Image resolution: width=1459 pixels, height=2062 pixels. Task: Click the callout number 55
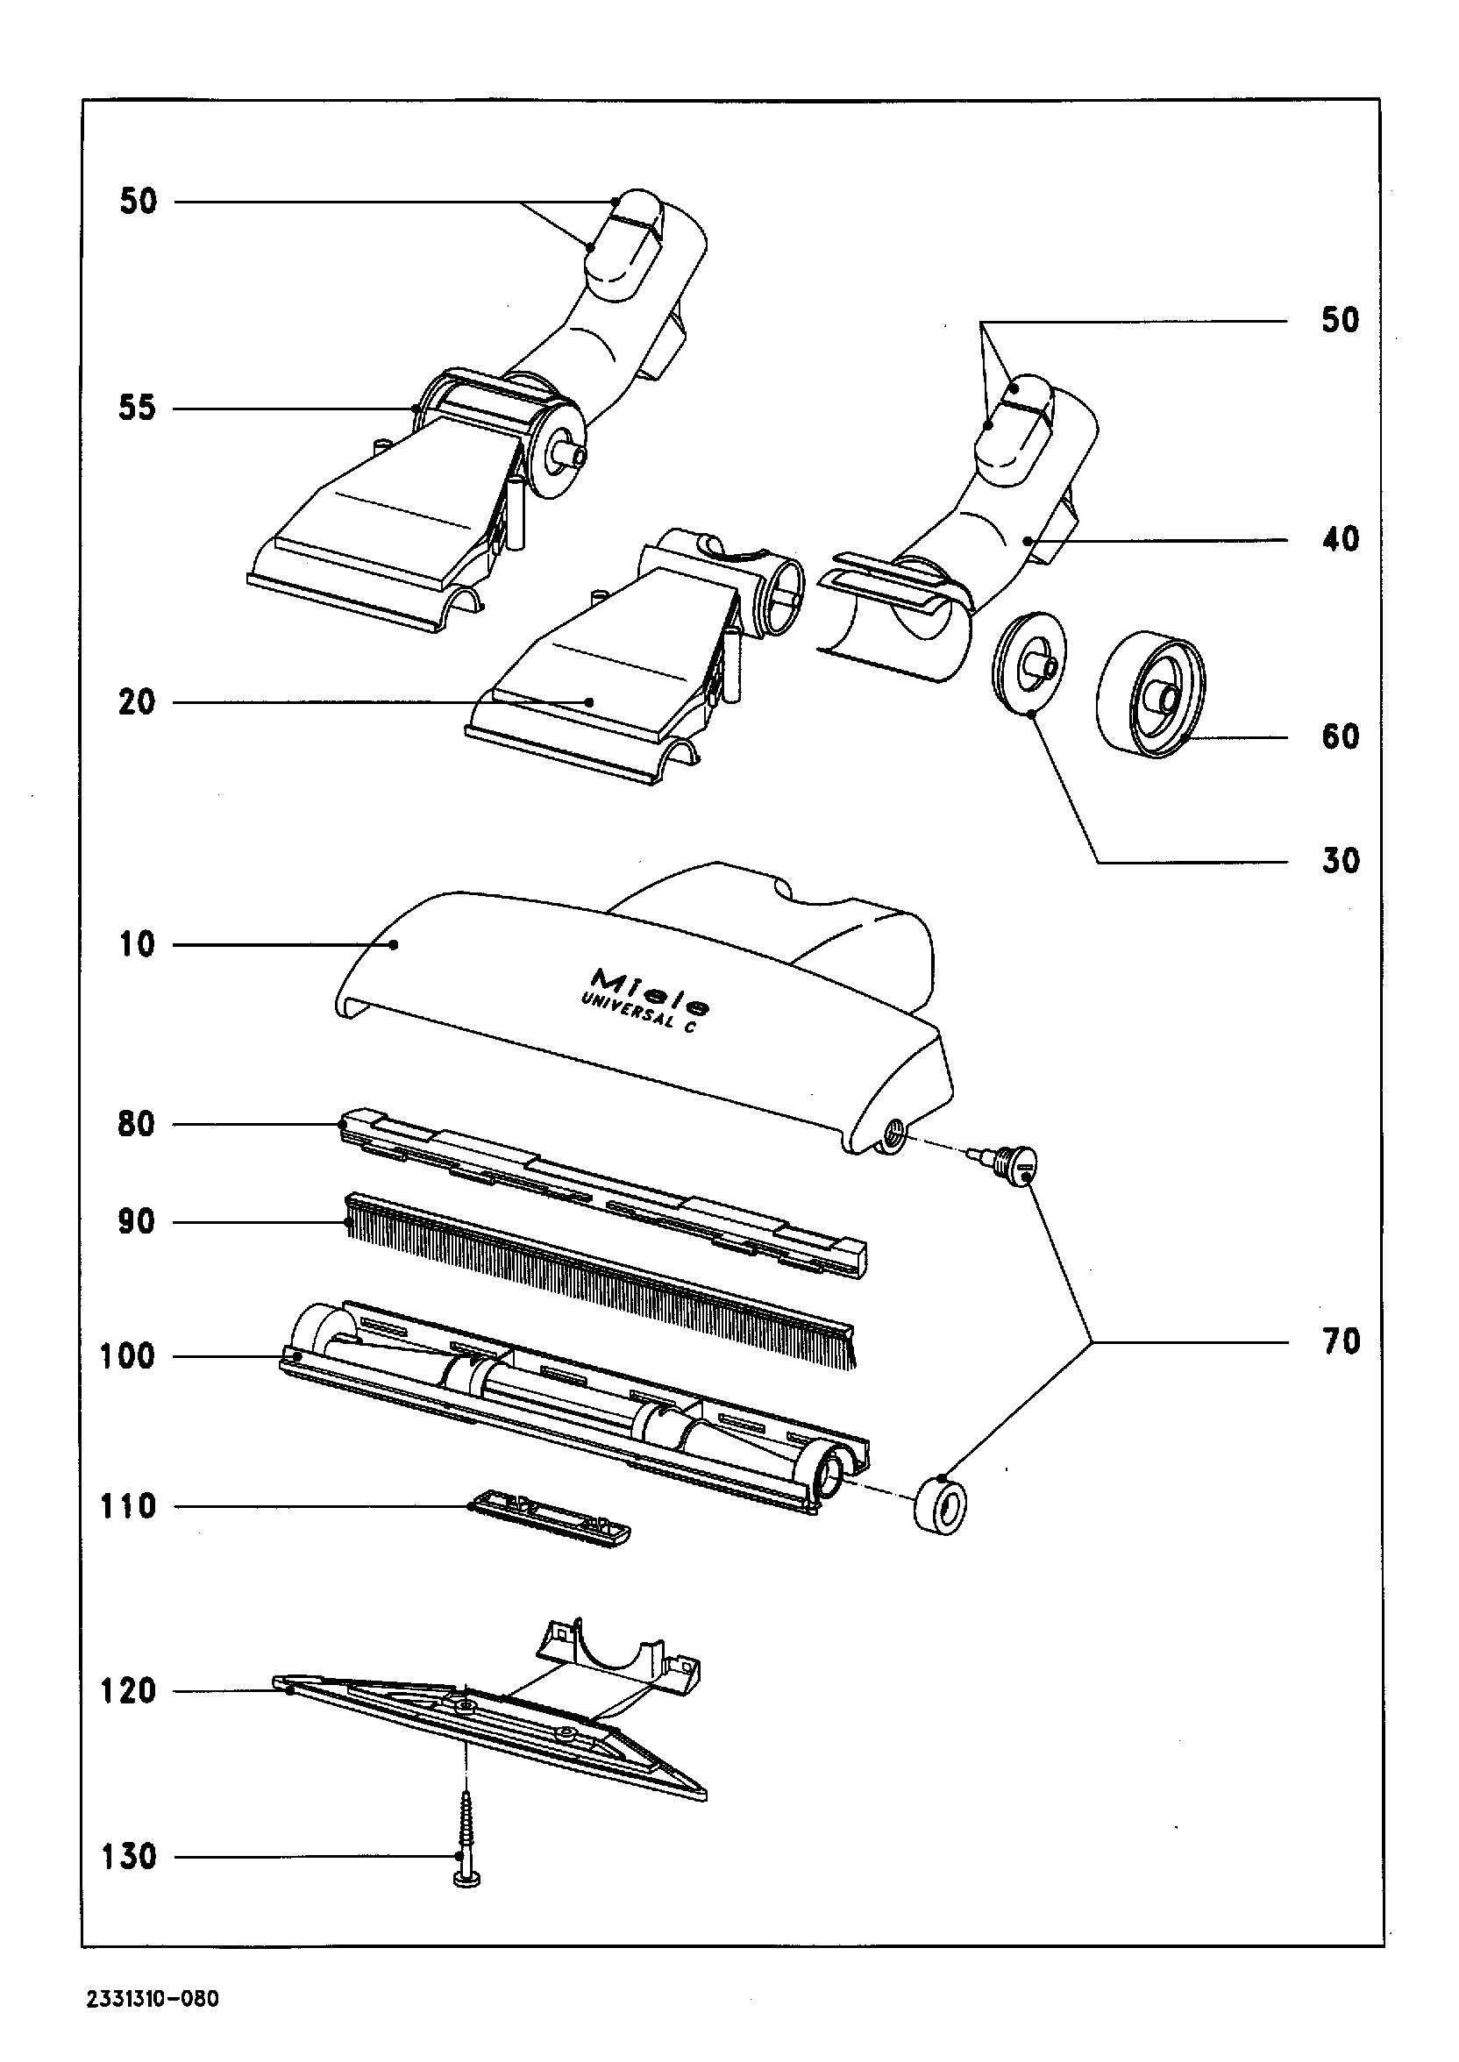tap(138, 409)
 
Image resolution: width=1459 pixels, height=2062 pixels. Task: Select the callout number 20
tap(138, 702)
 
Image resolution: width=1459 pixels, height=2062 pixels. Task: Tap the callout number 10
tap(138, 945)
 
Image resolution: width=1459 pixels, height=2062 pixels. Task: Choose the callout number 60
tap(1341, 737)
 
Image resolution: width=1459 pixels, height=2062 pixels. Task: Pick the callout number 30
tap(1341, 861)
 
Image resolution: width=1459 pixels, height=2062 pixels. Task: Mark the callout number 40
tap(1341, 540)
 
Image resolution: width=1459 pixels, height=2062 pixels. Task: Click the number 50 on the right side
tap(1341, 321)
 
